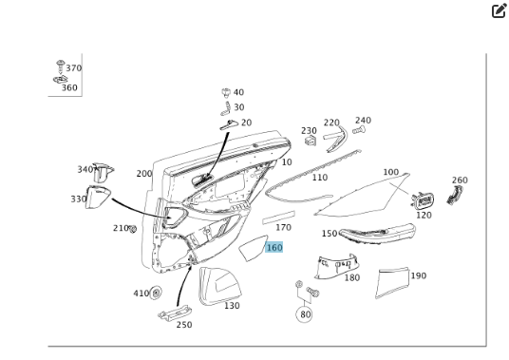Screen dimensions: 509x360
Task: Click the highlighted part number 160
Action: [x=274, y=248]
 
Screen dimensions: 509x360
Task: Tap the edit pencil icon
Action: [x=499, y=10]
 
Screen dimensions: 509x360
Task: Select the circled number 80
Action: [x=304, y=314]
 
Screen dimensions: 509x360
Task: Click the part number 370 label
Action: [x=74, y=68]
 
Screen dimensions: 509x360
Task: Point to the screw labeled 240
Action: [x=359, y=130]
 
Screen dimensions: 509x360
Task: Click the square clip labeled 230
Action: [x=311, y=141]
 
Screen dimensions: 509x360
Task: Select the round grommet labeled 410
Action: [x=156, y=293]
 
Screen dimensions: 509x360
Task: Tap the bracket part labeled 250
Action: [x=175, y=313]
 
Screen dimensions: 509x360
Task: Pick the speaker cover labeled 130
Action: [x=219, y=286]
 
